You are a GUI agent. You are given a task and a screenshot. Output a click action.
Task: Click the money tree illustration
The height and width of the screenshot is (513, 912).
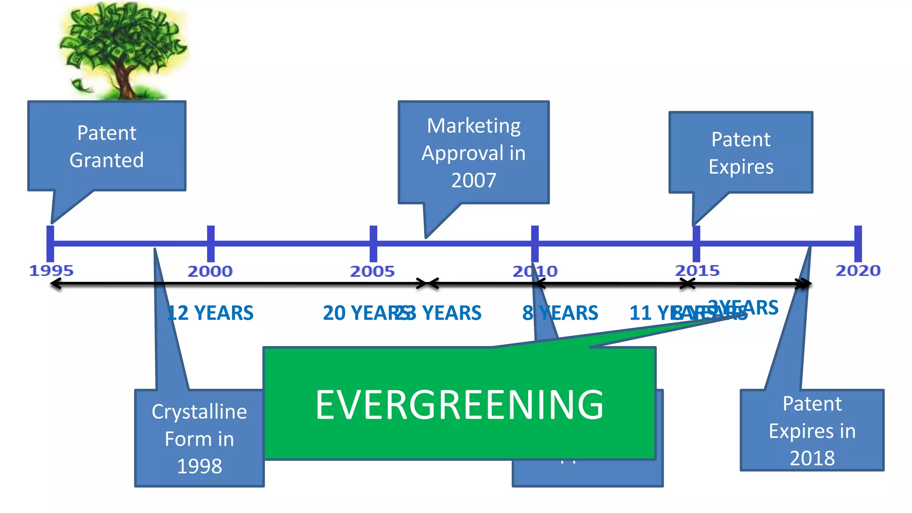122,50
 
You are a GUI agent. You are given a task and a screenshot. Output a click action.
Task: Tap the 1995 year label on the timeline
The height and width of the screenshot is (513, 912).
51,270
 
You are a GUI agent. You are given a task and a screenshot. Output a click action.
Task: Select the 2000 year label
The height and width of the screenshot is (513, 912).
210,271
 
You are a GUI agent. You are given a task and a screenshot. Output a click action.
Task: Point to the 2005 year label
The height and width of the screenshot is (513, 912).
372,271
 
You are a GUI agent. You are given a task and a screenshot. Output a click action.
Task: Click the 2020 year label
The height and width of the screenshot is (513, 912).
858,270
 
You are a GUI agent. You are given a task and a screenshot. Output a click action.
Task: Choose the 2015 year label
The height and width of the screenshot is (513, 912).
697,270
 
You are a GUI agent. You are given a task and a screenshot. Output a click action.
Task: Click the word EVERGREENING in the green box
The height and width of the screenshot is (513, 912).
459,404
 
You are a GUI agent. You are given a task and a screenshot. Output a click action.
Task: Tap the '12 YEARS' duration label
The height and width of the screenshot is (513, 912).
210,313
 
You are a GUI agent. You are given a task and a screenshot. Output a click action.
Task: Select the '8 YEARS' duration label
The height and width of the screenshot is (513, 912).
560,313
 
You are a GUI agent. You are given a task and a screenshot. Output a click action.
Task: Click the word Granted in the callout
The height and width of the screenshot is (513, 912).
107,160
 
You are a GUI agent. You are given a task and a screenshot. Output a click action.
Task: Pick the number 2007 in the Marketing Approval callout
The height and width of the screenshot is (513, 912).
473,180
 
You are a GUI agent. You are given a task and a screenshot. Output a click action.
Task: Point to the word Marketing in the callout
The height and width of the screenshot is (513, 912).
474,126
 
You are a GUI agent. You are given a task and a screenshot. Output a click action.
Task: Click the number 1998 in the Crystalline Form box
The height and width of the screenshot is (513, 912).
199,466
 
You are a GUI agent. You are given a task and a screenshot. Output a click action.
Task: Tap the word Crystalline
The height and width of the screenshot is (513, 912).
199,411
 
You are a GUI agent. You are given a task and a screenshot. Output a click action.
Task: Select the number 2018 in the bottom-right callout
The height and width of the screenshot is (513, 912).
812,458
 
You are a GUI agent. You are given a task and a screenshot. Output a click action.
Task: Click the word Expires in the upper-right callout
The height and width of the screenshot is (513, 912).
741,167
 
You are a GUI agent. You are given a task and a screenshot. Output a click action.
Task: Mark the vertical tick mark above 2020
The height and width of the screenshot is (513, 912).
858,244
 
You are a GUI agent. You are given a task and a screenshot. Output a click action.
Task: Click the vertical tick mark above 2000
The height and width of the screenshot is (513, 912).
211,244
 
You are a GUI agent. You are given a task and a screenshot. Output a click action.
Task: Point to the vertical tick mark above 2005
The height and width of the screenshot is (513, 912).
374,244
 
